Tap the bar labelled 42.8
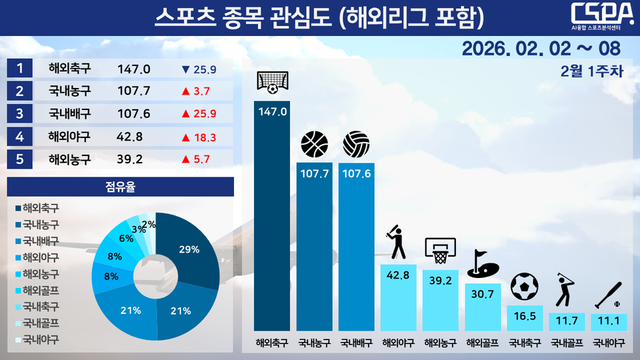398,296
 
